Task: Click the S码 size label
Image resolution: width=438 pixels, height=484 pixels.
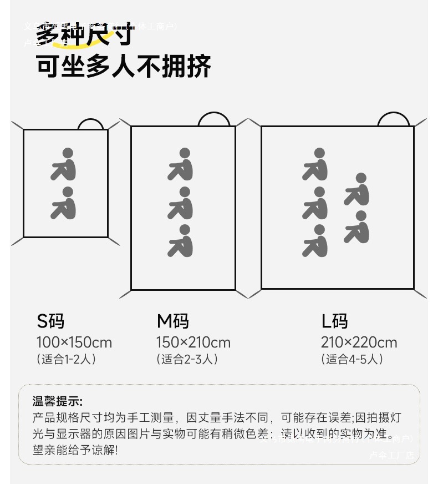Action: pyautogui.click(x=50, y=321)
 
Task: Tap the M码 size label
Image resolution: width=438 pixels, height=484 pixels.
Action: pyautogui.click(x=172, y=321)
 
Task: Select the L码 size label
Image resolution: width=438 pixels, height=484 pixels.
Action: pyautogui.click(x=334, y=321)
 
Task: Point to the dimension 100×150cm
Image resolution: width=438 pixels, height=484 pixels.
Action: pyautogui.click(x=74, y=342)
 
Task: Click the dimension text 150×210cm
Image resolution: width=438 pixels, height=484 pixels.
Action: pyautogui.click(x=193, y=342)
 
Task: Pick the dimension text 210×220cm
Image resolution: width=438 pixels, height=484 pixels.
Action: pyautogui.click(x=359, y=342)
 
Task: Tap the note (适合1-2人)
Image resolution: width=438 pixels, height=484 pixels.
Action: pyautogui.click(x=67, y=359)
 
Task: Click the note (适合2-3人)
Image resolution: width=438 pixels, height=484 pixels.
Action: pyautogui.click(x=187, y=359)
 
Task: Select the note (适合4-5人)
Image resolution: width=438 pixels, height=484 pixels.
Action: pyautogui.click(x=352, y=359)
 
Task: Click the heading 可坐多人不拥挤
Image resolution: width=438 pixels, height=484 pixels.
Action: pyautogui.click(x=124, y=67)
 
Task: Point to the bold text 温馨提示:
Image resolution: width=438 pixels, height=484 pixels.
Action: pyautogui.click(x=57, y=401)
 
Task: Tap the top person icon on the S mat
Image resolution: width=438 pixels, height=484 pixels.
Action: pyautogui.click(x=64, y=164)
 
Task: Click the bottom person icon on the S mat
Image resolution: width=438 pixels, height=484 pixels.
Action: pyautogui.click(x=64, y=203)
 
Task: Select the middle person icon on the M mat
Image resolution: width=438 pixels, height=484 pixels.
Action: pyautogui.click(x=181, y=203)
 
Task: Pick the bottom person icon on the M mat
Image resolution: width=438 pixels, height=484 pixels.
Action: pyautogui.click(x=181, y=241)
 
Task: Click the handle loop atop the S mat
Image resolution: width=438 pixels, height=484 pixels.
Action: pyautogui.click(x=90, y=124)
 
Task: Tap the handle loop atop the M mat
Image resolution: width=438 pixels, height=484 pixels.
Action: pyautogui.click(x=213, y=119)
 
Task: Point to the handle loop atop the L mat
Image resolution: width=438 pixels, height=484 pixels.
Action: pyautogui.click(x=393, y=119)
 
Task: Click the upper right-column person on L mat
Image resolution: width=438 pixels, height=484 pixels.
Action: pyautogui.click(x=357, y=189)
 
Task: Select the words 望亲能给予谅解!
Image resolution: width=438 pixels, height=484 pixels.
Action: pyautogui.click(x=75, y=450)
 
